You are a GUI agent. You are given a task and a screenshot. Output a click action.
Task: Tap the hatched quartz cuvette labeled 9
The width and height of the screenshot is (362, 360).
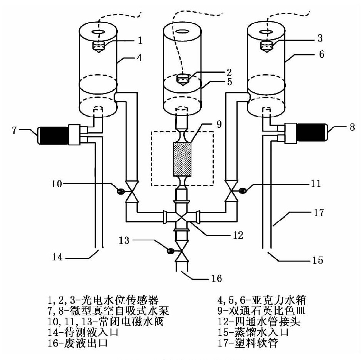pos(181,158)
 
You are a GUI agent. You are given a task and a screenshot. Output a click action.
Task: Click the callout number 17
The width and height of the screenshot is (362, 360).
pos(319,213)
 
